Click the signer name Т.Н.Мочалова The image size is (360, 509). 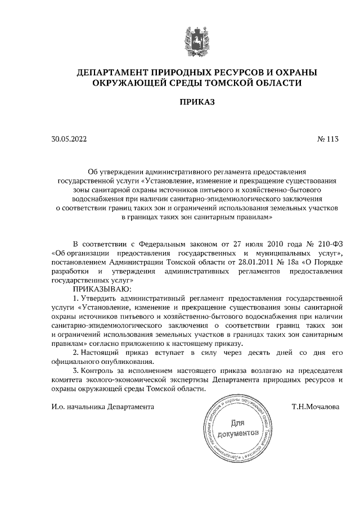(316, 406)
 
